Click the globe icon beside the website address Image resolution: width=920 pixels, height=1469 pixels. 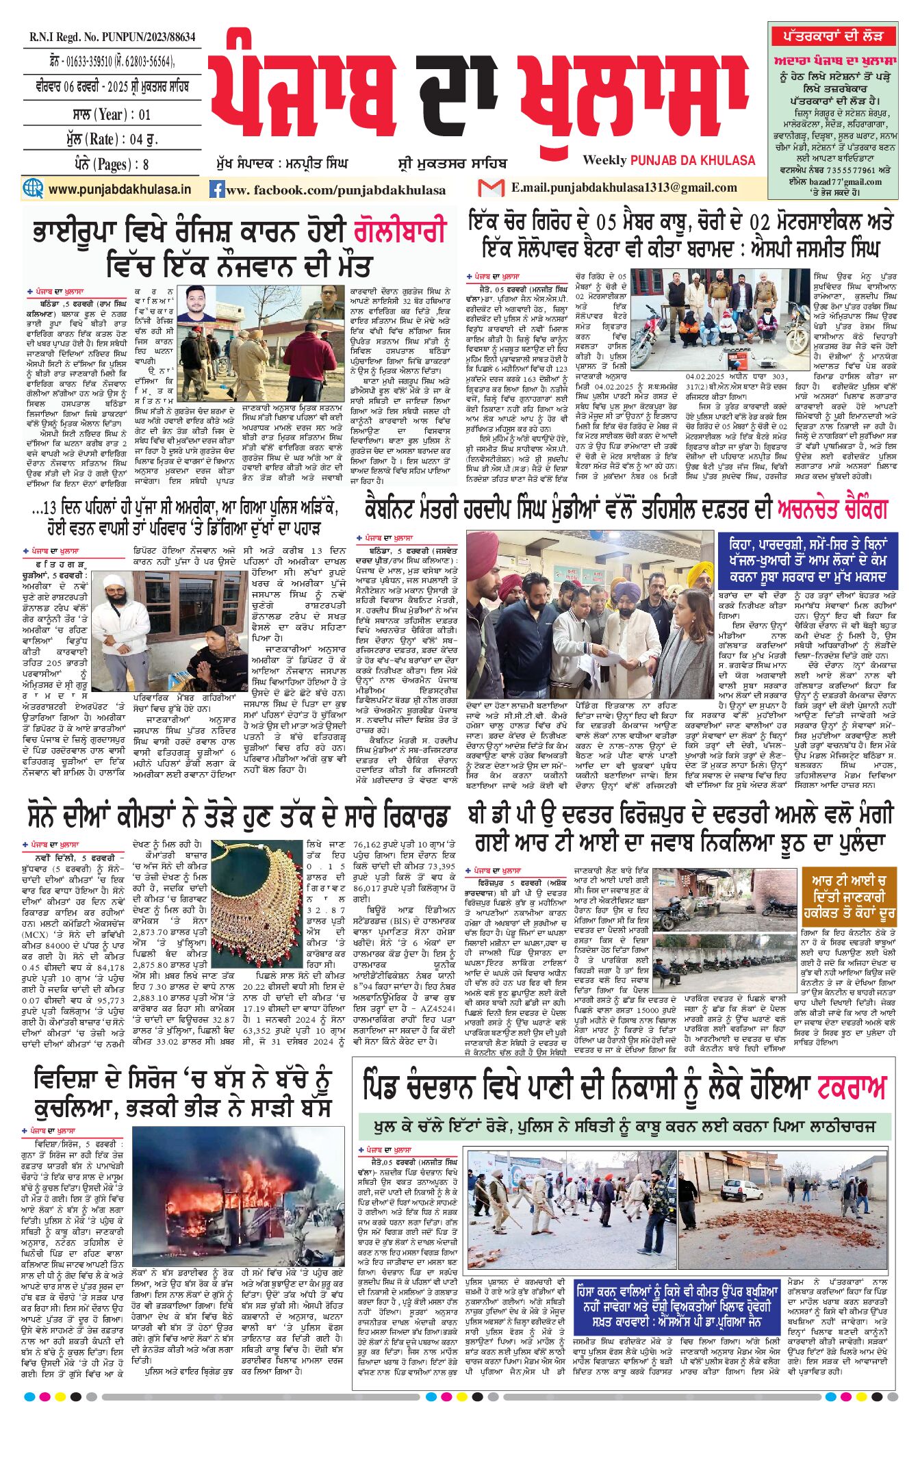pyautogui.click(x=33, y=188)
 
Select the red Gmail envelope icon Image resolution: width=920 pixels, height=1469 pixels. pyautogui.click(x=491, y=188)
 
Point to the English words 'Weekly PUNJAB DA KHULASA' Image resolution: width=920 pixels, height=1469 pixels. pyautogui.click(x=669, y=160)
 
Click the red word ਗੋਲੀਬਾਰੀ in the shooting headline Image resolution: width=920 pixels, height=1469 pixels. pyautogui.click(x=400, y=231)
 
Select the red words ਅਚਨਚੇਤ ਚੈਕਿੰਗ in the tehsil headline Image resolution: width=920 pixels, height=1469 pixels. pyautogui.click(x=832, y=509)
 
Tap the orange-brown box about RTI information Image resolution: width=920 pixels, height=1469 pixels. pyautogui.click(x=849, y=897)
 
